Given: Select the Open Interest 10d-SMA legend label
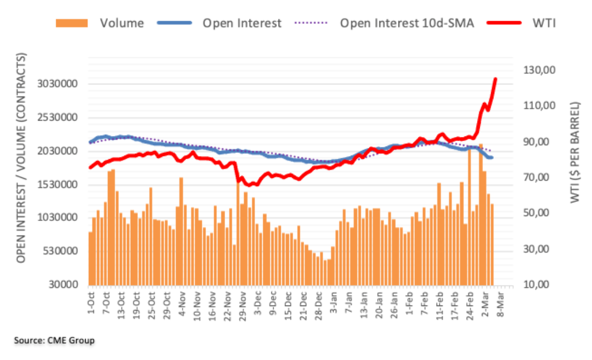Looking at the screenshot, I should pyautogui.click(x=407, y=23).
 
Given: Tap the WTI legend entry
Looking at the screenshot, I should pyautogui.click(x=546, y=23).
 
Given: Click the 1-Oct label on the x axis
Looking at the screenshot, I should pyautogui.click(x=90, y=300).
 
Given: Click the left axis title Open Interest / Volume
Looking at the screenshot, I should pyautogui.click(x=22, y=158).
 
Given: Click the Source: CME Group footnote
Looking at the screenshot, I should pyautogui.click(x=54, y=340).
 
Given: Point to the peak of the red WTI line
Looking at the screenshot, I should pyautogui.click(x=496, y=79).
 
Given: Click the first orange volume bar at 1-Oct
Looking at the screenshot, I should pyautogui.click(x=90, y=258).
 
